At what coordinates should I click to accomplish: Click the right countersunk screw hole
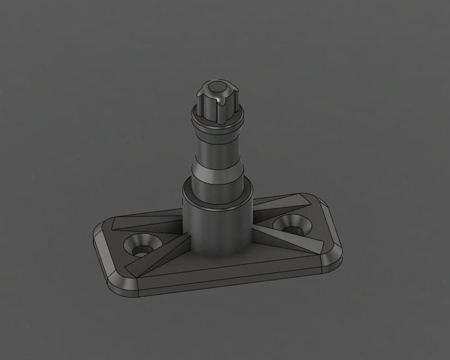(x=292, y=226)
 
